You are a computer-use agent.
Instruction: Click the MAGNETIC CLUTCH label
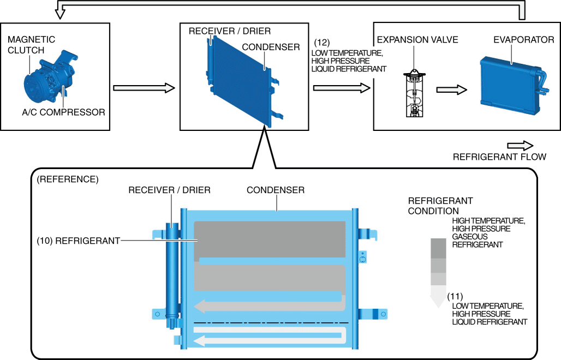[x=31, y=45]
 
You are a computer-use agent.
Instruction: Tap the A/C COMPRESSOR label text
[x=56, y=112]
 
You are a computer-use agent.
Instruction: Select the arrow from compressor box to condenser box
[x=144, y=88]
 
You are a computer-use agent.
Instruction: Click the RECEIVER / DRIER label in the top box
[x=229, y=31]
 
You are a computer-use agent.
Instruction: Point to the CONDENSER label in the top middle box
[x=271, y=47]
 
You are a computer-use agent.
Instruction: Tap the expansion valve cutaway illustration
[x=414, y=93]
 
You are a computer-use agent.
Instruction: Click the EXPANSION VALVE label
[x=417, y=40]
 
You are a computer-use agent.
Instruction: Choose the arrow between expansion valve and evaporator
[x=452, y=89]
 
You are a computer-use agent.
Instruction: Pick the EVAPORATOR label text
[x=523, y=40]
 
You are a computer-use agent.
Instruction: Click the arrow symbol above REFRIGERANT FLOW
[x=520, y=146]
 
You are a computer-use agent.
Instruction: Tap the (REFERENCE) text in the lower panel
[x=67, y=179]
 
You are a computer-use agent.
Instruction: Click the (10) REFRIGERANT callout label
[x=77, y=240]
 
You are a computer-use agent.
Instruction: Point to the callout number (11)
[x=455, y=296]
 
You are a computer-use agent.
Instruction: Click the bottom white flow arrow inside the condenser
[x=267, y=339]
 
